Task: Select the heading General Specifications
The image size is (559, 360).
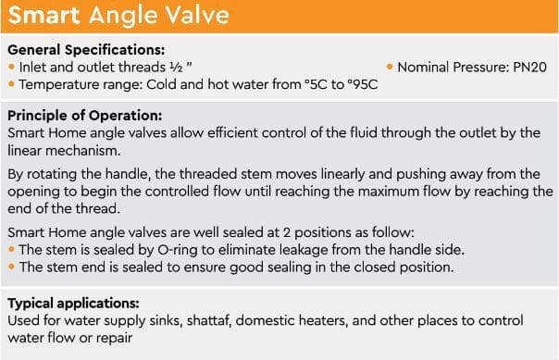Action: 86,50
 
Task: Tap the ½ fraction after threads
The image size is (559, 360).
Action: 176,68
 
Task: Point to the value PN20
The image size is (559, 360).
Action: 529,68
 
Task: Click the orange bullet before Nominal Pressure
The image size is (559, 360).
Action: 390,67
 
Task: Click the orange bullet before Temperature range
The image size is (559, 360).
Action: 11,84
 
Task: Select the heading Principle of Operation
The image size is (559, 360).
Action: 85,116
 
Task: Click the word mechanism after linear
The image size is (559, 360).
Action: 83,151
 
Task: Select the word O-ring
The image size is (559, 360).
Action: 177,250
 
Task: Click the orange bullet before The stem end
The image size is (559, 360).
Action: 11,267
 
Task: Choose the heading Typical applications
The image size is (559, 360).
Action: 73,304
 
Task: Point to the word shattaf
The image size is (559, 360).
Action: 209,321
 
